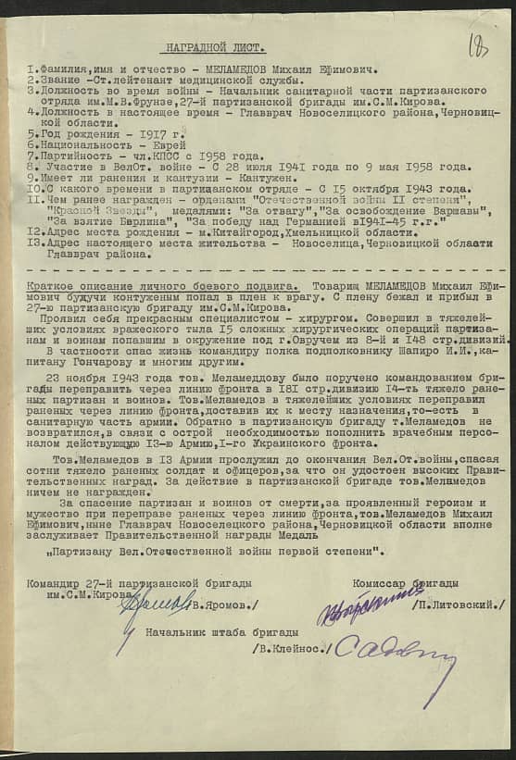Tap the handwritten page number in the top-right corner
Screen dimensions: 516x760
pyautogui.click(x=478, y=44)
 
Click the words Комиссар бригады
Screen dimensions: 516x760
pyautogui.click(x=405, y=582)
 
